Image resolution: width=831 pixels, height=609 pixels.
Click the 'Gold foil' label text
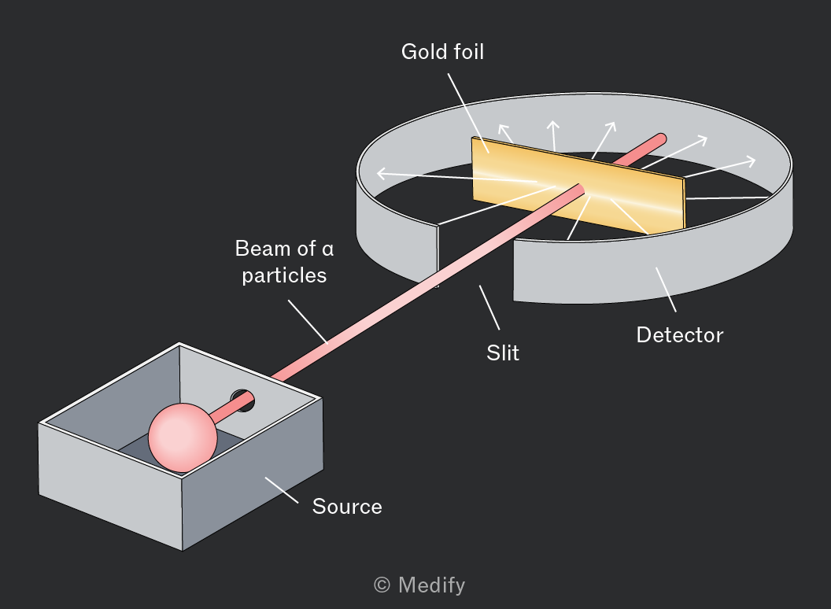coord(442,52)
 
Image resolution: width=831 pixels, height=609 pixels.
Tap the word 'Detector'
coord(680,335)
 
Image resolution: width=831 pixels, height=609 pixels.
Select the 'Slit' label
coord(503,353)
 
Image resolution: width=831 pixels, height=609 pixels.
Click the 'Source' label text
coord(347,507)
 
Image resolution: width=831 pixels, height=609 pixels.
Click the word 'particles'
coord(285,276)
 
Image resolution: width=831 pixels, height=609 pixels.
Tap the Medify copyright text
coord(419,585)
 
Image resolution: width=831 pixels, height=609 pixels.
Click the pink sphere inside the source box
coord(183,437)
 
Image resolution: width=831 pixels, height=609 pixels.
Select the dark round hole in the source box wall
coord(243,400)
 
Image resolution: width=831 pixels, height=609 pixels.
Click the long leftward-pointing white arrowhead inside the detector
coord(382,173)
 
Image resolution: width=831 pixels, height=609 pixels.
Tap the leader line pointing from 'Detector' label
coord(666,290)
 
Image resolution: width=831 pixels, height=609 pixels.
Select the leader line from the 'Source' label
coord(282,489)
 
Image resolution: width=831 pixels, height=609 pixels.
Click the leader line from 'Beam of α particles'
coord(308,323)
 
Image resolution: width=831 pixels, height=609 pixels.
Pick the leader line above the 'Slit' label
coord(489,308)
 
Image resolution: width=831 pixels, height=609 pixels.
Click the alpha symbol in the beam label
coord(328,250)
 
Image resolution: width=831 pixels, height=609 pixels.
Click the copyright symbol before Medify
coord(382,585)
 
